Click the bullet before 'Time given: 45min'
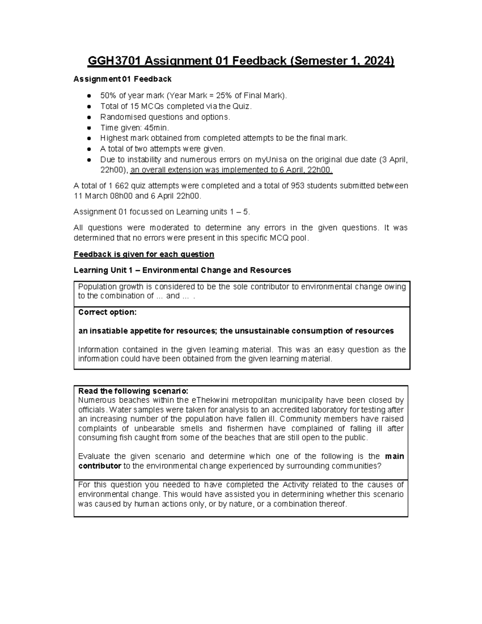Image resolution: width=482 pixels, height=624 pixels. pos(88,128)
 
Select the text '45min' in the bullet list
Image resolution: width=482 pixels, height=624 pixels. pos(157,128)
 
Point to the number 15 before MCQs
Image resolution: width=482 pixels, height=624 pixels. pos(130,106)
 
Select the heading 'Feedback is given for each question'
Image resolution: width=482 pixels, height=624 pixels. pos(144,254)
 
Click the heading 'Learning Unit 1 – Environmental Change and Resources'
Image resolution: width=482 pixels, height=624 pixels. pos(182,270)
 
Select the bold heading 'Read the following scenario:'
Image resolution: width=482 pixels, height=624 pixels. pos(133,391)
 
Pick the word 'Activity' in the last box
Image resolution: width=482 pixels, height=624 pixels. pos(297,485)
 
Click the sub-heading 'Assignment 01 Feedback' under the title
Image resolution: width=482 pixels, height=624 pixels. pos(123,79)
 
